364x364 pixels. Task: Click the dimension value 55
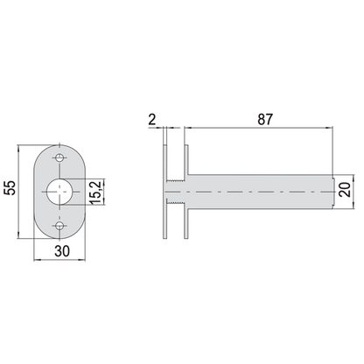pos(10,188)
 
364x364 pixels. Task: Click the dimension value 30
pos(62,251)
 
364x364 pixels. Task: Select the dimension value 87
pos(265,120)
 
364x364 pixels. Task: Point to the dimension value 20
pos(345,190)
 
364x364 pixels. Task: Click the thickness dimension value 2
pos(152,120)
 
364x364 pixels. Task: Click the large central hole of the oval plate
pos(59,192)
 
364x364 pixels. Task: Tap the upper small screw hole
pos(59,157)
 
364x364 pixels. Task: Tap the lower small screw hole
pos(59,226)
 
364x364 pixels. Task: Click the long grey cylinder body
pos(260,192)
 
